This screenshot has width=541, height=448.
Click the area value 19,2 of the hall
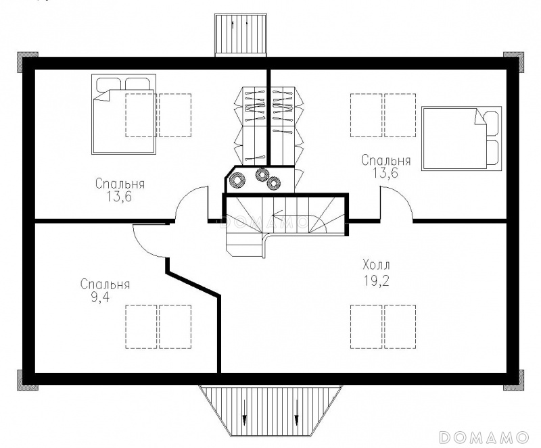(376, 281)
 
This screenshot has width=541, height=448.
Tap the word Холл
(377, 265)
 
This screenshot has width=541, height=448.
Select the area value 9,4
(100, 297)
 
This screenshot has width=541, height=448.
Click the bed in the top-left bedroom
(124, 114)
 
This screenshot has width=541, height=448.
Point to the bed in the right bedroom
(461, 139)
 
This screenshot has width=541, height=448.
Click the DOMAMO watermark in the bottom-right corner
(484, 437)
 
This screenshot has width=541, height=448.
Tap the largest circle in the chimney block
(238, 180)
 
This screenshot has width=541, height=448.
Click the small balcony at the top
(241, 35)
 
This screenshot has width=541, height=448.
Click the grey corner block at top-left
(27, 62)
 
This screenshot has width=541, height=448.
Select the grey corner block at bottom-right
(514, 380)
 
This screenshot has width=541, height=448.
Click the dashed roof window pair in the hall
(383, 326)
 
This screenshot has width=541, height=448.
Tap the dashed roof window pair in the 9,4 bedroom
(158, 326)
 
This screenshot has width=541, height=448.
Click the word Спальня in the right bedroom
(386, 160)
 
